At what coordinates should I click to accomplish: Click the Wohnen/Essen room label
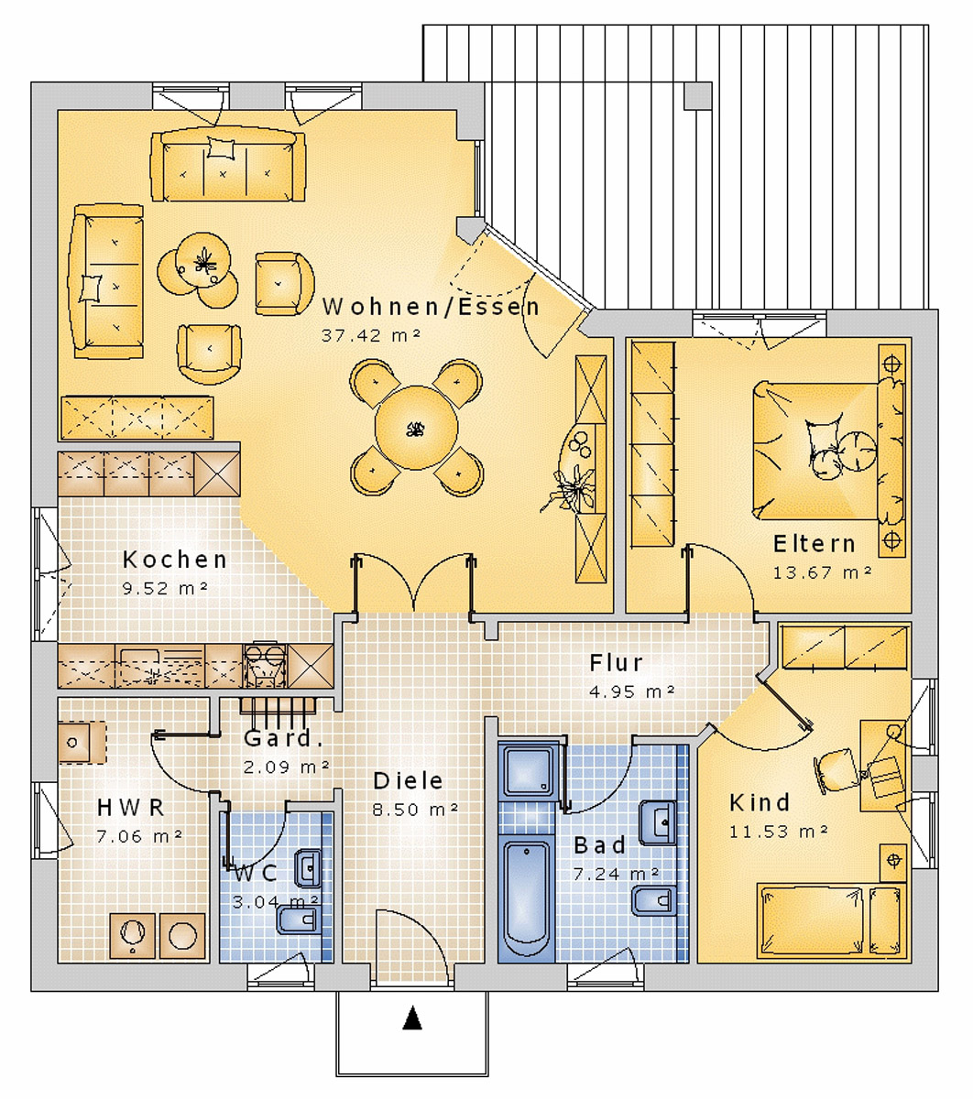(x=431, y=307)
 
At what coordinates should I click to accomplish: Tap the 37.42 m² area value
(x=370, y=335)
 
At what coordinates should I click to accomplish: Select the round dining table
(x=416, y=428)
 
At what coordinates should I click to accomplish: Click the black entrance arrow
(x=413, y=1018)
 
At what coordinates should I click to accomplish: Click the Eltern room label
(x=814, y=544)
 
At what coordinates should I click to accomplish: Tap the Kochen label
(x=175, y=560)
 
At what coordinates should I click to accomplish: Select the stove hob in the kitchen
(x=265, y=664)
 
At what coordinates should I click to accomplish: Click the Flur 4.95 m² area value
(x=632, y=691)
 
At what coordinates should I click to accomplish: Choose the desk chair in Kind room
(x=835, y=768)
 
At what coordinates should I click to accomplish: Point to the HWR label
(x=131, y=808)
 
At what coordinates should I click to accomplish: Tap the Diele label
(x=408, y=781)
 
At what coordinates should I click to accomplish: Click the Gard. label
(x=283, y=739)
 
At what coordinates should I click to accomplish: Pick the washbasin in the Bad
(x=659, y=821)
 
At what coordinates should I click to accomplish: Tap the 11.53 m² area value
(x=779, y=832)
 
